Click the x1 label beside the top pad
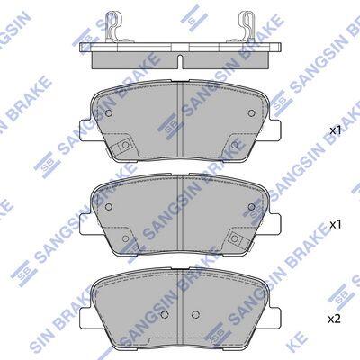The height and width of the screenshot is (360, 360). click(x=336, y=130)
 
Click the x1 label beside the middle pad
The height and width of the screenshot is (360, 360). click(x=336, y=225)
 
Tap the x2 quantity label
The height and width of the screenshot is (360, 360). click(x=334, y=319)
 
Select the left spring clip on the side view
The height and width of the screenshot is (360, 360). click(x=112, y=26)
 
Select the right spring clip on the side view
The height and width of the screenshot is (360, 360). click(x=246, y=26)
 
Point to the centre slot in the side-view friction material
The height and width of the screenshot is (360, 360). click(x=180, y=61)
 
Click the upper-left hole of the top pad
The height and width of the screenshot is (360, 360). click(x=109, y=113)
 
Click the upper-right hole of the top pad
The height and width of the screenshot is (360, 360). click(x=252, y=113)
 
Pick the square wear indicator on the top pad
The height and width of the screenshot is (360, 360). click(x=123, y=147)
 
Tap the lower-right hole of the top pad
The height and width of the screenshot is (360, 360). click(x=235, y=145)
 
